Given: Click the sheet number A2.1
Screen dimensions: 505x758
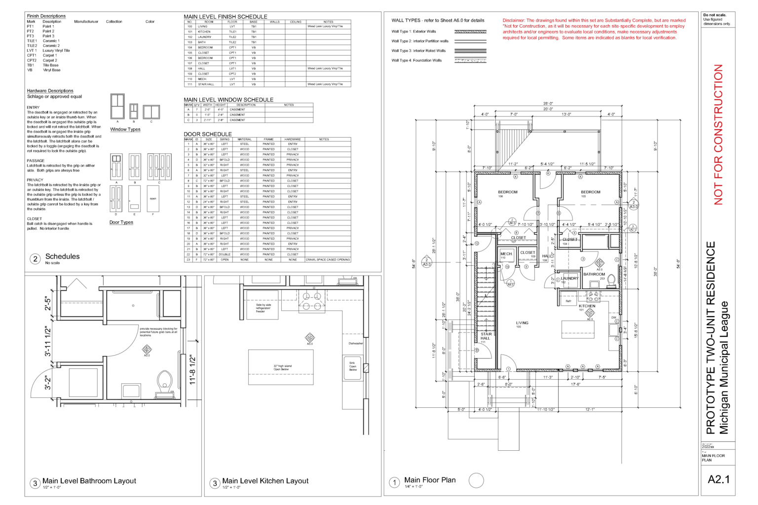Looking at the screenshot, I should point(718,479).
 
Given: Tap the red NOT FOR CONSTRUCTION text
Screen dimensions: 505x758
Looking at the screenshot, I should point(718,134).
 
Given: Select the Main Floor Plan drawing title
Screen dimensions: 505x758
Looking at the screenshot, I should point(429,480).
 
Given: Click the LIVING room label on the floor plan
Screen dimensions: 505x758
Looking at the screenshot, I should point(522,323).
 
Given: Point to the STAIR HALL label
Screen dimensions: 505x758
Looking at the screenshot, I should point(486,336).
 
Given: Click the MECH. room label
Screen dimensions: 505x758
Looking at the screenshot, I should point(506,254).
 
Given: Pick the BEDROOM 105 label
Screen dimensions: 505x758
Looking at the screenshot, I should point(590,192).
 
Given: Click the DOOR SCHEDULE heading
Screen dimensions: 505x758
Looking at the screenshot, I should point(208,134).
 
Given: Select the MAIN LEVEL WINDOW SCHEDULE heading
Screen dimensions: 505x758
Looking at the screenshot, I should point(228,100).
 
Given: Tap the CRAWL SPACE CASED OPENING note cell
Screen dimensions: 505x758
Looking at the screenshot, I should point(328,259).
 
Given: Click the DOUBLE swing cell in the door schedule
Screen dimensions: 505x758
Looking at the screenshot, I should point(225,254).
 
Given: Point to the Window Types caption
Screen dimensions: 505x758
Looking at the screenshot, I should point(125,130).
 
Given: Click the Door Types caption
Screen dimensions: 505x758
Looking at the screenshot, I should point(121,222).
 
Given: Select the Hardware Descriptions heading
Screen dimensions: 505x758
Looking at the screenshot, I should point(50,91).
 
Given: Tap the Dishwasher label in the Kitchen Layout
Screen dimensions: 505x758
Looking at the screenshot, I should point(355,343).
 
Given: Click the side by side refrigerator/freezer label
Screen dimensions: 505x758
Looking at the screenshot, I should point(263,308).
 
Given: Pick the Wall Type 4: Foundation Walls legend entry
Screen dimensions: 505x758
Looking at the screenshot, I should point(417,61).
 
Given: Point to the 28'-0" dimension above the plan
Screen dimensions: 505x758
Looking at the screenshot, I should point(548,104).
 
